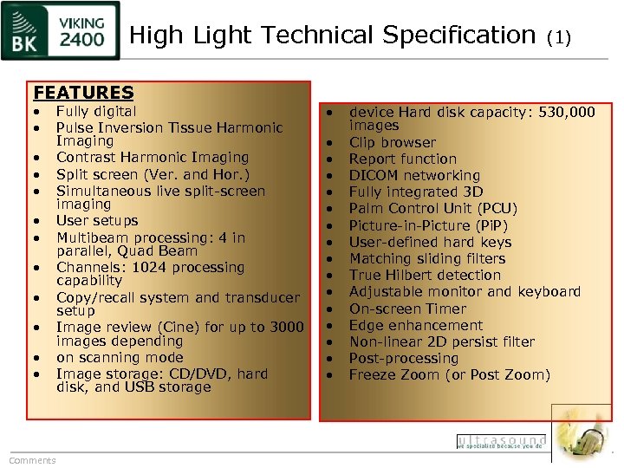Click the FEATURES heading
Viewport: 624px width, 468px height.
pos(83,92)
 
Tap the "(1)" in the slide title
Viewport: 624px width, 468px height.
pos(560,37)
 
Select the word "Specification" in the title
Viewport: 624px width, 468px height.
pos(458,36)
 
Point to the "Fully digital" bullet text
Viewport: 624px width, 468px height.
pos(96,111)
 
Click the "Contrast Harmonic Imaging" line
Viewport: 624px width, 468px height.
pos(153,158)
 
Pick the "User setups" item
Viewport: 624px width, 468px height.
pos(97,221)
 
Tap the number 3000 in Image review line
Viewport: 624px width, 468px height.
pos(285,328)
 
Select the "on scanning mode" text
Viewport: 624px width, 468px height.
pos(120,358)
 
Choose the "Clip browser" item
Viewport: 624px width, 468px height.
pos(393,142)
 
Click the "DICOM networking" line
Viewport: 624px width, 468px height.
pos(414,175)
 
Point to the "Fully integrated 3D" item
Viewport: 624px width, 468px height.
pos(416,192)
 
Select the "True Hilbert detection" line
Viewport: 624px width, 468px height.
pos(425,275)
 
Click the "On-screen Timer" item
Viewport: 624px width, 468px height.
pos(407,309)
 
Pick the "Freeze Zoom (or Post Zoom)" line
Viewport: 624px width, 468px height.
pos(449,375)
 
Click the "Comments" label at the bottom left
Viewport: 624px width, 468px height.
pos(32,460)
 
